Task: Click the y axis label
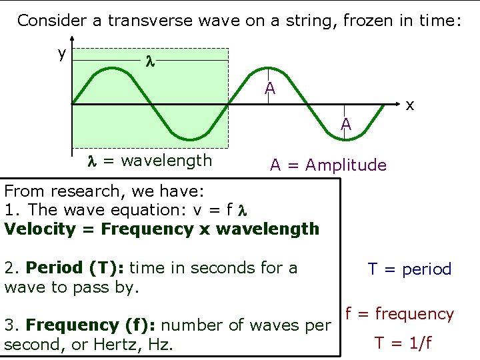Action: [x=61, y=53]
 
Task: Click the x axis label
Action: [x=411, y=105]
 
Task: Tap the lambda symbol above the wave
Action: [x=150, y=61]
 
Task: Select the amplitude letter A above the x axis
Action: [x=269, y=88]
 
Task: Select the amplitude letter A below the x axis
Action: [x=346, y=125]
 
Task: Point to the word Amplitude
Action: [x=345, y=165]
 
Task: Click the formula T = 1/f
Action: [x=403, y=343]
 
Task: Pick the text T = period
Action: [x=409, y=269]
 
